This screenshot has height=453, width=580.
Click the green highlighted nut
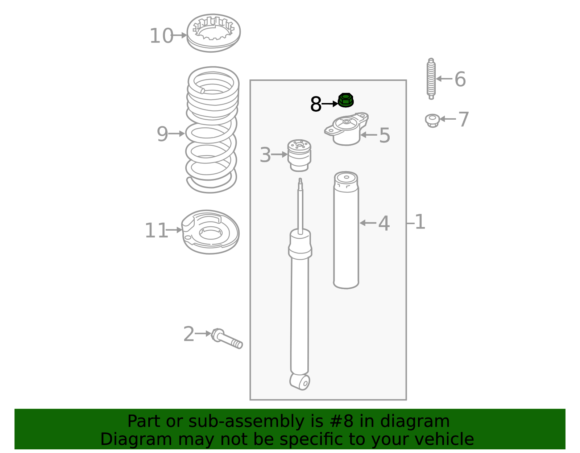[x=346, y=100]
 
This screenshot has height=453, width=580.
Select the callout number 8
[x=316, y=104]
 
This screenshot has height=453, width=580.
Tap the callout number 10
[x=161, y=36]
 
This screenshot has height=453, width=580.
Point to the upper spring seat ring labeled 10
[x=213, y=33]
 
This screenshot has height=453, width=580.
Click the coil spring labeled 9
[x=212, y=130]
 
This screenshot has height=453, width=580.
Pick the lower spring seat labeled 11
[x=210, y=232]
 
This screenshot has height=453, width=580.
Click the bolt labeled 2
[x=227, y=338]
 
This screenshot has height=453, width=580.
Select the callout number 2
[x=189, y=334]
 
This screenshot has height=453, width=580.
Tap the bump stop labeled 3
[x=299, y=155]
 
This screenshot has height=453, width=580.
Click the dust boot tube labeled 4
[x=346, y=230]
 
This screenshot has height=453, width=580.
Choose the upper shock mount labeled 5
[x=347, y=129]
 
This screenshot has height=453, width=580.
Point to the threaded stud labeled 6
[x=431, y=79]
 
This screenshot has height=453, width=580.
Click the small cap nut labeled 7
[x=432, y=121]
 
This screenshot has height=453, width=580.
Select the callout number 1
[x=420, y=222]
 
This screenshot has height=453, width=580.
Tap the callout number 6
[x=460, y=79]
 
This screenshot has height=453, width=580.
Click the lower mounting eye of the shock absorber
[x=300, y=382]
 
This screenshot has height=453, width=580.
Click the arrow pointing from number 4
[x=368, y=223]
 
